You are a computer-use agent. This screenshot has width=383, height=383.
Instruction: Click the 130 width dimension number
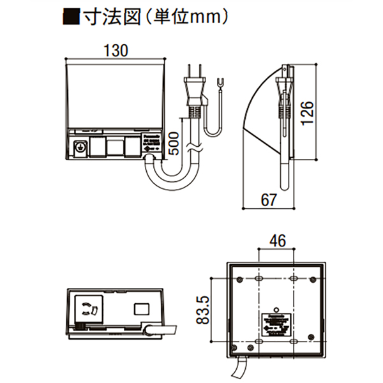(116, 49)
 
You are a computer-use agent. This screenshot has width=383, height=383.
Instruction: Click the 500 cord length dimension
(173, 144)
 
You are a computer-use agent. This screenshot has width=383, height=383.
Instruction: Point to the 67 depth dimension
(269, 199)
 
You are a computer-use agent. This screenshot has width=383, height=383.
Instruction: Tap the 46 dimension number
(278, 241)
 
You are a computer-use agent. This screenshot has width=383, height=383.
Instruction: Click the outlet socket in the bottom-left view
(89, 308)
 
